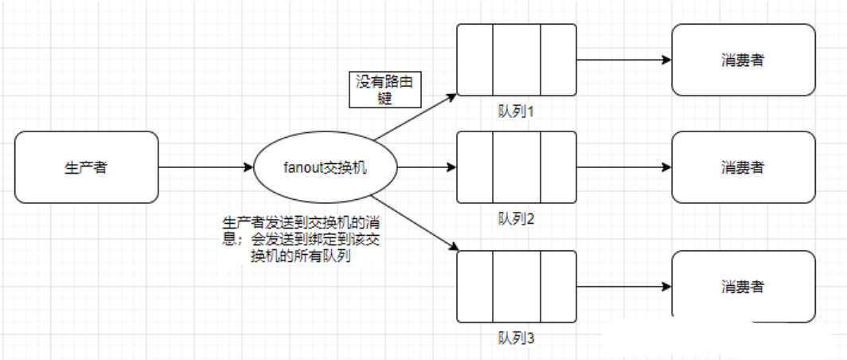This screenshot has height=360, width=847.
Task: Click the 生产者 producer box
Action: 86,167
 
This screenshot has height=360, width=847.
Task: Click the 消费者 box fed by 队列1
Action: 743,60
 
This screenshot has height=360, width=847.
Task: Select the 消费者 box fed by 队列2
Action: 743,167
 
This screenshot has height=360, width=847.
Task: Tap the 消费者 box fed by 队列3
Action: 743,287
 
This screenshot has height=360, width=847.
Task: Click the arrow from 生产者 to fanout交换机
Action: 205,167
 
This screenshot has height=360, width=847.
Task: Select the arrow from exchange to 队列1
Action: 416,116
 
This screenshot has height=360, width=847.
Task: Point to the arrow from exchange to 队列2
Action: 427,167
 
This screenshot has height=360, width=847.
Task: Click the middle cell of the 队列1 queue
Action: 517,60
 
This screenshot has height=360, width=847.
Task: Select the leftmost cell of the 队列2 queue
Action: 475,167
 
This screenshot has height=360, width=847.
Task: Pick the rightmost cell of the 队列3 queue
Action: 558,287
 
